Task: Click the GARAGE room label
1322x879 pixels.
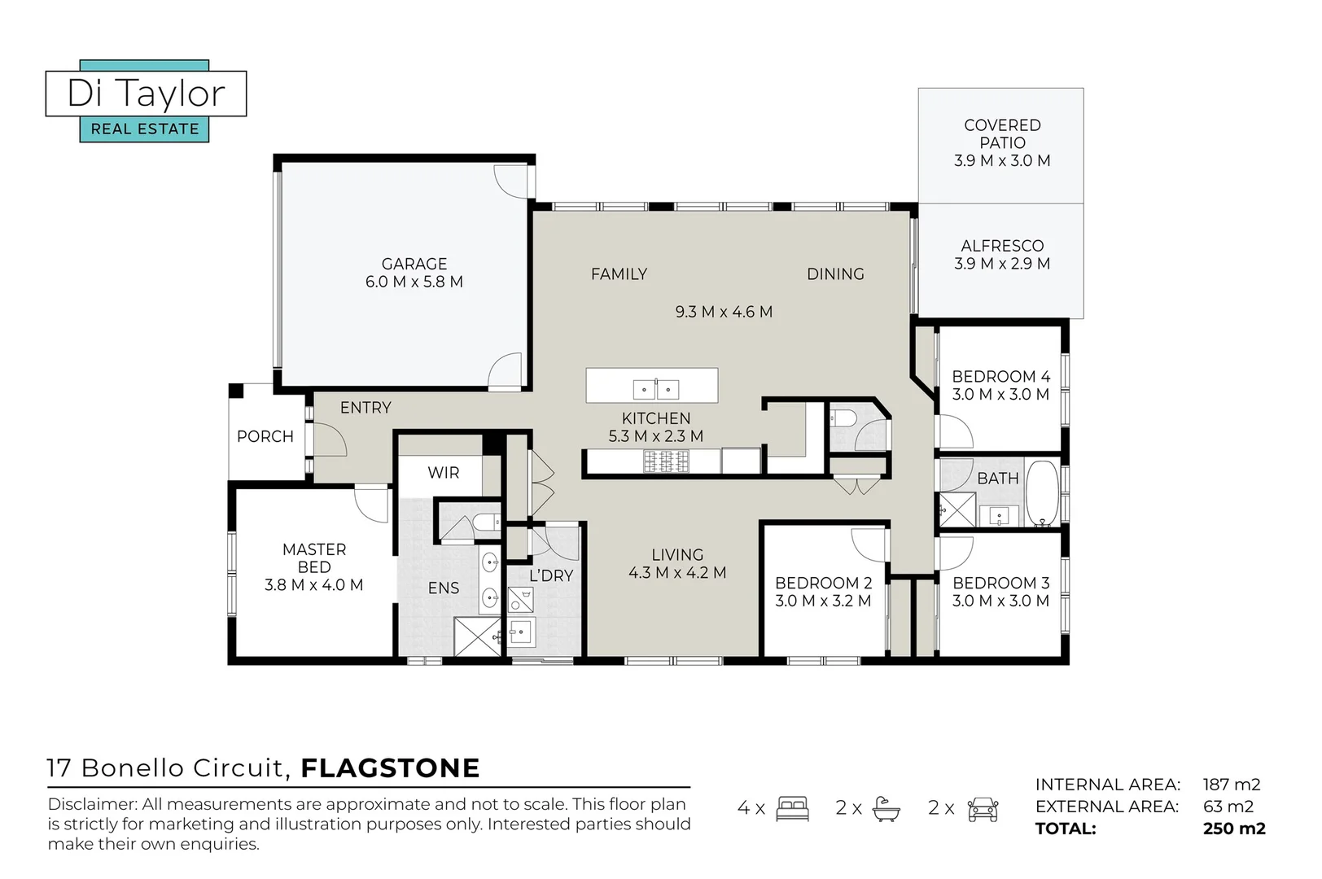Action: [x=414, y=264]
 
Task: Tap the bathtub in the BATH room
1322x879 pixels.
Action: [x=1042, y=494]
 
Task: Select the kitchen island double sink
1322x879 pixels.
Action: [x=655, y=389]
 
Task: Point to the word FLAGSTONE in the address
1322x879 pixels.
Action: [x=390, y=768]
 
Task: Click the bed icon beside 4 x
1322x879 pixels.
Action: [x=792, y=808]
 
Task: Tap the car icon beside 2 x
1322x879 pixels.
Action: [x=983, y=809]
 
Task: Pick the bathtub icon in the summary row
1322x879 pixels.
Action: [x=886, y=809]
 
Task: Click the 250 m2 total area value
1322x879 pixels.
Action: [x=1234, y=829]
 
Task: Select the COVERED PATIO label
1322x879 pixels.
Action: [x=1002, y=134]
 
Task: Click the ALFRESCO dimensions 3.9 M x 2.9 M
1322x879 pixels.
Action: [x=1002, y=263]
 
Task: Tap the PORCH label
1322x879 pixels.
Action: [x=265, y=436]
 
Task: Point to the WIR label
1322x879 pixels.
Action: [x=443, y=473]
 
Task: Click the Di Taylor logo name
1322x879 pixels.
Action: [x=146, y=94]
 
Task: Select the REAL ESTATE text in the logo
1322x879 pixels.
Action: [x=145, y=129]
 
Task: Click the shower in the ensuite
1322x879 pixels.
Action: [x=477, y=636]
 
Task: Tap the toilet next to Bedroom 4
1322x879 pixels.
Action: [x=843, y=418]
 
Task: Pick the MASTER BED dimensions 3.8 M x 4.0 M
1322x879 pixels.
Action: [x=313, y=584]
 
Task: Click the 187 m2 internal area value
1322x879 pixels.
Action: [x=1232, y=785]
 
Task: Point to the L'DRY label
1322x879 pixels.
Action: [x=551, y=575]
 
